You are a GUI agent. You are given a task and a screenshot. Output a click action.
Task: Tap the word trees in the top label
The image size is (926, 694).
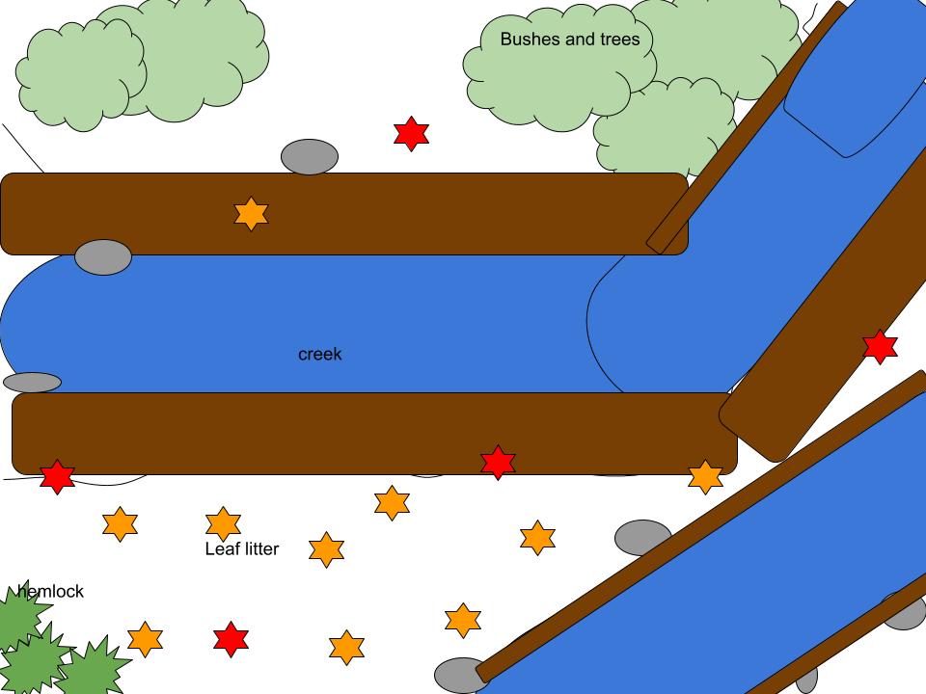(x=618, y=40)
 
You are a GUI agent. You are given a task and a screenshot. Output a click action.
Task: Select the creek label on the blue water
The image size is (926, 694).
(x=319, y=355)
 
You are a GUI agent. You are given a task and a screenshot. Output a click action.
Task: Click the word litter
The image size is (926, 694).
(x=259, y=549)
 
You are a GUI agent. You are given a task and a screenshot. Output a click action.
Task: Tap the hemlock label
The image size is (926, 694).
(x=51, y=591)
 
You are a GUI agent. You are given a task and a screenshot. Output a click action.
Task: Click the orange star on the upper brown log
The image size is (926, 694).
(x=251, y=214)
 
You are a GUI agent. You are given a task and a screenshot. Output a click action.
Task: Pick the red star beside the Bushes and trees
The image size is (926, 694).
(x=412, y=134)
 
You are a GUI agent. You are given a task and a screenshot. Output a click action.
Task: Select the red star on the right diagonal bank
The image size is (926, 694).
(x=880, y=347)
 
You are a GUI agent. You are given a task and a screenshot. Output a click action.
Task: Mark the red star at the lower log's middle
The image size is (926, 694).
(x=498, y=463)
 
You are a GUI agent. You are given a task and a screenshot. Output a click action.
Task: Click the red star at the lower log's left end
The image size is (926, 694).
(x=58, y=476)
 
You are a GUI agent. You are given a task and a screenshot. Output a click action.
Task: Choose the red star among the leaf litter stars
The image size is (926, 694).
(x=231, y=639)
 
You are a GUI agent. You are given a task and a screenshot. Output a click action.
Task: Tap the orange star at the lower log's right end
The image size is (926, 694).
(x=705, y=477)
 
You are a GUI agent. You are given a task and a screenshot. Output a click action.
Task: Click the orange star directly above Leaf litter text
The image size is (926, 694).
(x=223, y=523)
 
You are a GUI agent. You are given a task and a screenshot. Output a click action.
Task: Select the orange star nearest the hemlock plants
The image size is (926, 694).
(x=145, y=638)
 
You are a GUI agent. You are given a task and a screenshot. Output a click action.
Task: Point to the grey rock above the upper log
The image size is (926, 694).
(x=310, y=157)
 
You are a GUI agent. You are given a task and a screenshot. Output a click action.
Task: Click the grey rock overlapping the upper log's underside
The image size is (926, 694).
(x=103, y=257)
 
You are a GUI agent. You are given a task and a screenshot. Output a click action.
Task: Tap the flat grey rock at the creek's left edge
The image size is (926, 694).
(x=33, y=383)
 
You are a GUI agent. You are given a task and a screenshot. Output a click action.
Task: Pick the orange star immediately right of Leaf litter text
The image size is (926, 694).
(x=327, y=549)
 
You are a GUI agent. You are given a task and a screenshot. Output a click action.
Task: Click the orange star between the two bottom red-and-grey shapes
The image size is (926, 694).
(x=346, y=648)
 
